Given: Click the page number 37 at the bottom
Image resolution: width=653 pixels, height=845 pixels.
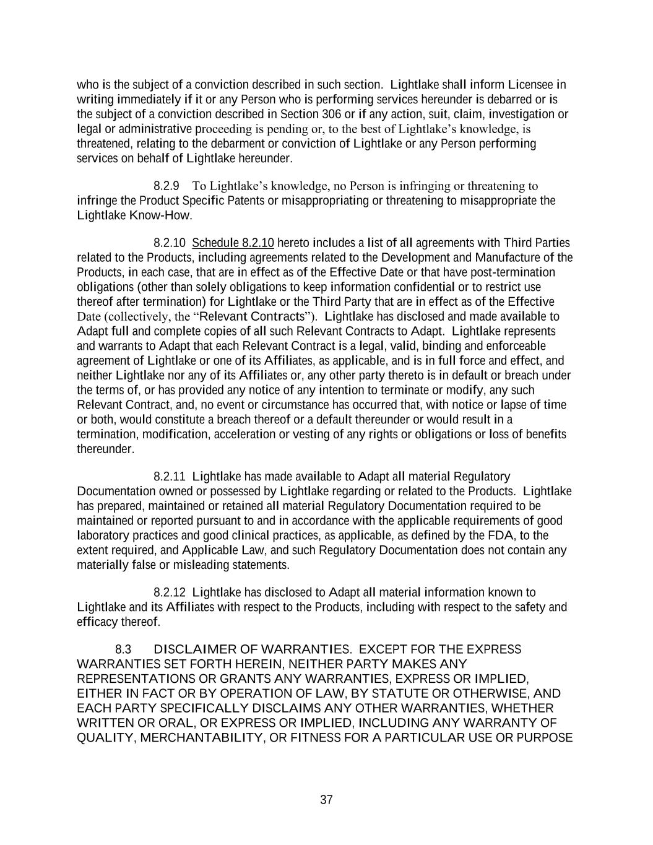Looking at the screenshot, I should tap(326, 800).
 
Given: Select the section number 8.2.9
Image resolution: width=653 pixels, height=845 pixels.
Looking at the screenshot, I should tap(166, 186).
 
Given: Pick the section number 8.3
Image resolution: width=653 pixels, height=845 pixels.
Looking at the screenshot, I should tap(123, 649).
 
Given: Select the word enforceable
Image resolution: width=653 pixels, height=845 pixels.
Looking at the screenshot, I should tap(511, 346).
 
